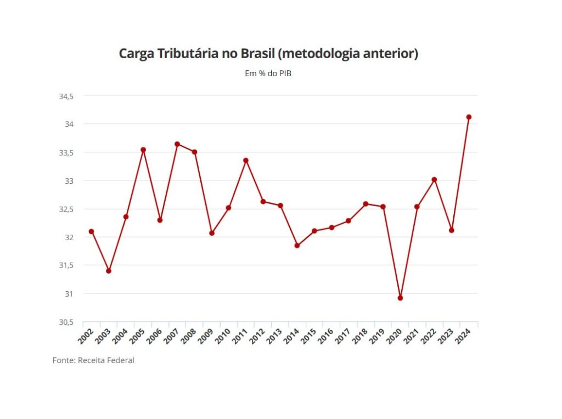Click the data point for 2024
click(x=469, y=117)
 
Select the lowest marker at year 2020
click(x=400, y=298)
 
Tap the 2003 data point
click(x=109, y=271)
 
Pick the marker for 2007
click(x=177, y=144)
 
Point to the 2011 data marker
click(x=246, y=160)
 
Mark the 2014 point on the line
click(x=297, y=245)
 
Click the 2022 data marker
click(x=434, y=179)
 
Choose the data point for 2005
click(x=143, y=150)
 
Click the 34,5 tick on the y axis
click(x=66, y=96)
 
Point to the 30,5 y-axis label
click(x=66, y=322)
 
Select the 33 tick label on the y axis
click(x=70, y=180)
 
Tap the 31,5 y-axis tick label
click(x=66, y=265)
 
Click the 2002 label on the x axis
click(x=86, y=336)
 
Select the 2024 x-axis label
click(x=463, y=336)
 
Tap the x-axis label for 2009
click(x=206, y=336)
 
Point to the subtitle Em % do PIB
click(x=268, y=73)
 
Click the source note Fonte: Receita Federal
click(x=93, y=360)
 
